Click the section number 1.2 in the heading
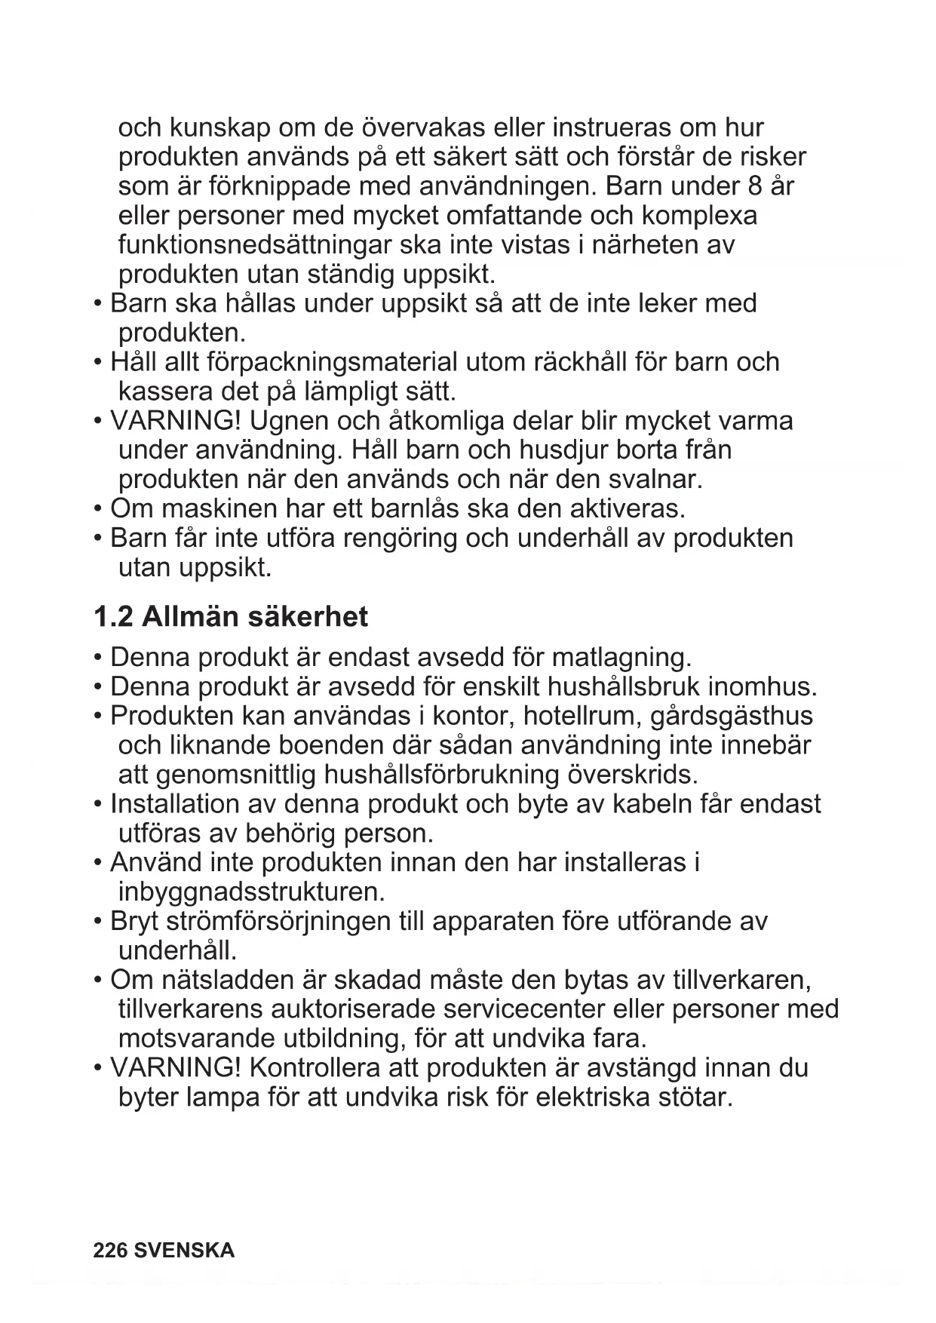click(x=113, y=617)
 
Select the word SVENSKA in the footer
click(x=183, y=1251)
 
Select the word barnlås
click(x=415, y=508)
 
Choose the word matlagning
click(x=621, y=657)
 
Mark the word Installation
click(x=175, y=804)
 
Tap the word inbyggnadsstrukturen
click(x=251, y=892)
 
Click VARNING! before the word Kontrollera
click(x=175, y=1068)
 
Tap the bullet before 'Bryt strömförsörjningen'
click(x=98, y=922)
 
